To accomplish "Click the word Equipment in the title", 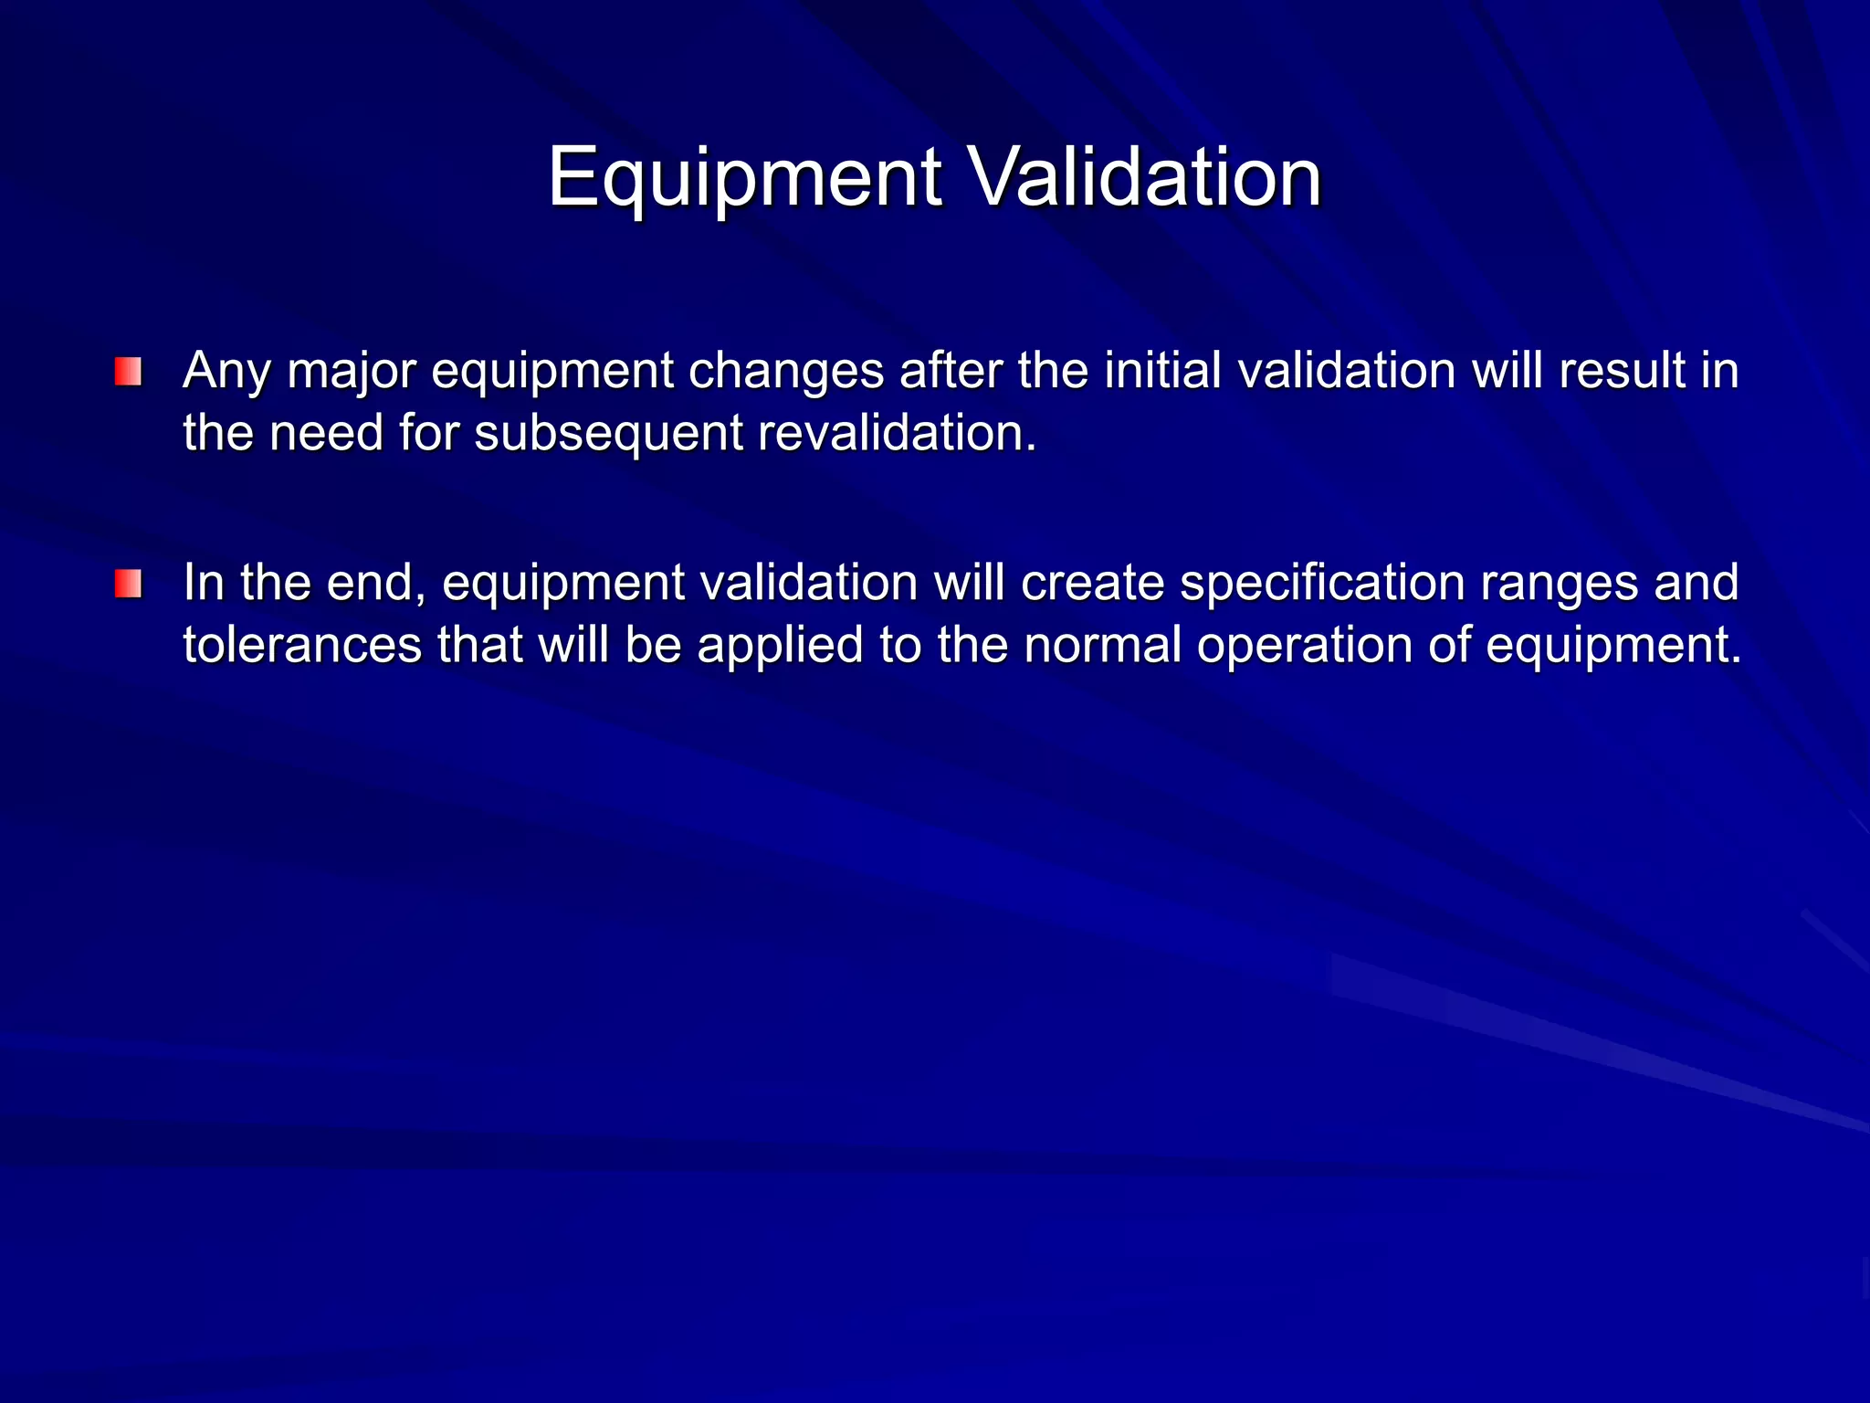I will pyautogui.click(x=744, y=177).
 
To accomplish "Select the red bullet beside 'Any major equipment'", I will pyautogui.click(x=128, y=372).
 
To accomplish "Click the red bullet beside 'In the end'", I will pyautogui.click(x=128, y=584).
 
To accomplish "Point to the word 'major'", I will pyautogui.click(x=351, y=372).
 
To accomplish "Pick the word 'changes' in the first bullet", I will pyautogui.click(x=786, y=372).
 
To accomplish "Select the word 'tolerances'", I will pyautogui.click(x=302, y=644).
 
